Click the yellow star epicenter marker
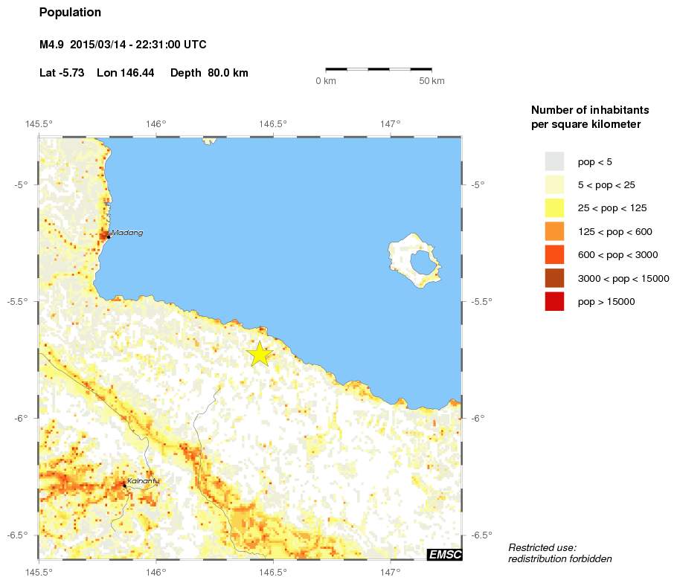[x=260, y=354]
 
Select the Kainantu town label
[x=143, y=481]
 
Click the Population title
[x=70, y=13]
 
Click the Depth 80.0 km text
[x=209, y=73]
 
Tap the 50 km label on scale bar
[x=431, y=81]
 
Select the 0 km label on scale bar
[x=326, y=81]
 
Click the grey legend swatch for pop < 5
[x=554, y=161]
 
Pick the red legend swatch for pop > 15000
[x=554, y=302]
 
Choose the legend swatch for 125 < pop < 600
[x=554, y=231]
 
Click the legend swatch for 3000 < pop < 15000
[x=554, y=278]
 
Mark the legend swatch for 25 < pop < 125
[x=554, y=208]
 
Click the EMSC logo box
[x=445, y=554]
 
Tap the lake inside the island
[x=423, y=262]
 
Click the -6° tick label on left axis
[x=22, y=418]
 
